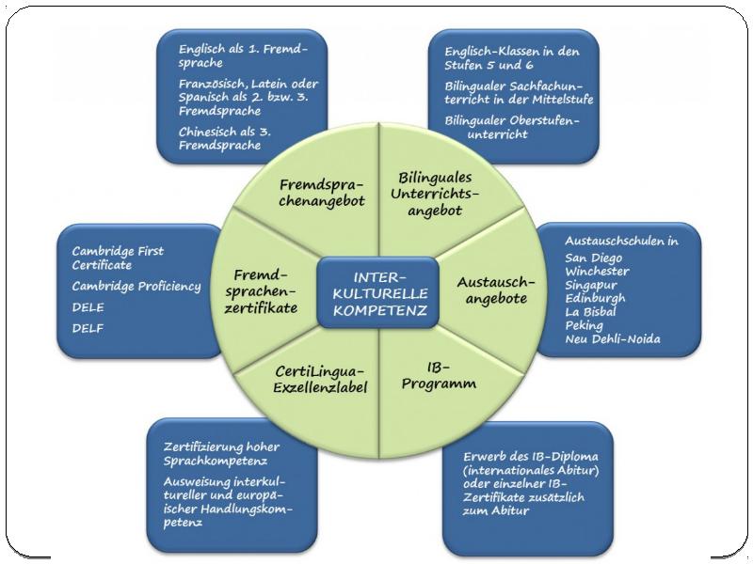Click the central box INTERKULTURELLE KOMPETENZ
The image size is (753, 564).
378,293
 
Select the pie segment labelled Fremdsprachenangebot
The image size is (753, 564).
322,193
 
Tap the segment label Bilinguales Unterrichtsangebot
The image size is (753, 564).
435,194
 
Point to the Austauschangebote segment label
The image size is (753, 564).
496,290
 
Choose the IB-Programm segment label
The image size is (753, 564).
439,375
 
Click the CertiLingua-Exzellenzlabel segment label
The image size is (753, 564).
320,379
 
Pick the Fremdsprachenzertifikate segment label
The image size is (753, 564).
261,291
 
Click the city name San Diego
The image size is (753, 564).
594,258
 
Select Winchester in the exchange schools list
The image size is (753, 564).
597,272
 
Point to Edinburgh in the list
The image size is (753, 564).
595,299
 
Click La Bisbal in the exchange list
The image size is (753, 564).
590,312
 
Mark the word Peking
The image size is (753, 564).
584,326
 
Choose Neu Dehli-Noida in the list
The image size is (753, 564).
613,339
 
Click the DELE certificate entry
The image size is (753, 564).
88,307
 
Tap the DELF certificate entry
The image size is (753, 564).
88,328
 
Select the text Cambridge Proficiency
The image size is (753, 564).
136,287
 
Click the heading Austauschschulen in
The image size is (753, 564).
621,241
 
